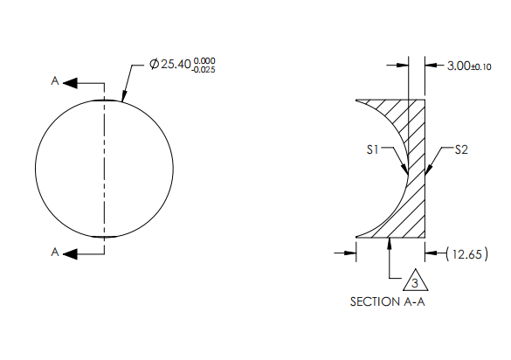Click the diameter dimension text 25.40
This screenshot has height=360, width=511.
pyautogui.click(x=181, y=65)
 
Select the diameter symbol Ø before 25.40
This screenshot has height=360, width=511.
pyautogui.click(x=155, y=65)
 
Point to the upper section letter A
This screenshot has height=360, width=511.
pyautogui.click(x=55, y=81)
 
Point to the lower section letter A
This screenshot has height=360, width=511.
pyautogui.click(x=55, y=253)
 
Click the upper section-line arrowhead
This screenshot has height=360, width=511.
pyautogui.click(x=71, y=82)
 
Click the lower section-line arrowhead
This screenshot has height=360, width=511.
pyautogui.click(x=71, y=253)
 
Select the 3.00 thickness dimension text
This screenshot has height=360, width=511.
pyautogui.click(x=459, y=66)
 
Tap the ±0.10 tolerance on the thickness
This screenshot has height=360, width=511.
pyautogui.click(x=482, y=66)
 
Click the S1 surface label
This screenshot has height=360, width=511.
pyautogui.click(x=371, y=149)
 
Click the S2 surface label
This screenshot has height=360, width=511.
pyautogui.click(x=462, y=149)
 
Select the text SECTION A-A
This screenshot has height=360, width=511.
pyautogui.click(x=387, y=301)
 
